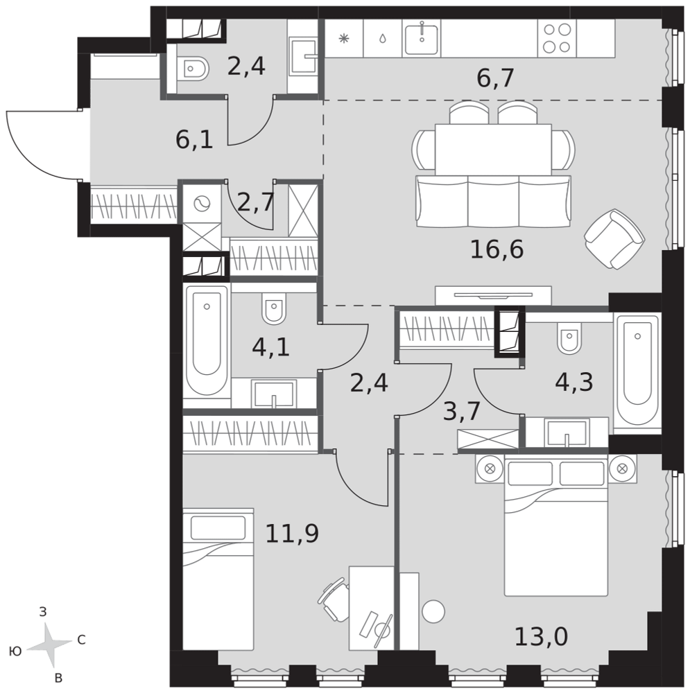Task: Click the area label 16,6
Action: pos(497,249)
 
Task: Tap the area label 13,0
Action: pos(541,637)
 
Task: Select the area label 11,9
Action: pos(292,534)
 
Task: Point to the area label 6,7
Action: pos(495,78)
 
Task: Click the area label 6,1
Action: pos(195,140)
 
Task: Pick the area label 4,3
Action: pos(574,383)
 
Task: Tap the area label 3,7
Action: pos(462,412)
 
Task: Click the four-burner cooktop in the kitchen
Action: pos(557,38)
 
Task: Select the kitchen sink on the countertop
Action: pos(422,38)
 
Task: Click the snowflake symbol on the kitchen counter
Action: pos(344,38)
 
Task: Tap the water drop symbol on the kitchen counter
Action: pos(382,38)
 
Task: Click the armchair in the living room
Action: pos(614,239)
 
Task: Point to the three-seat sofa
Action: pos(493,201)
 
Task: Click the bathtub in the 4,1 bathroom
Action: pos(207,341)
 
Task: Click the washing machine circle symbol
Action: pos(202,204)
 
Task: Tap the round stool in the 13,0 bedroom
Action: pos(433,611)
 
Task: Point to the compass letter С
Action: pos(81,640)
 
